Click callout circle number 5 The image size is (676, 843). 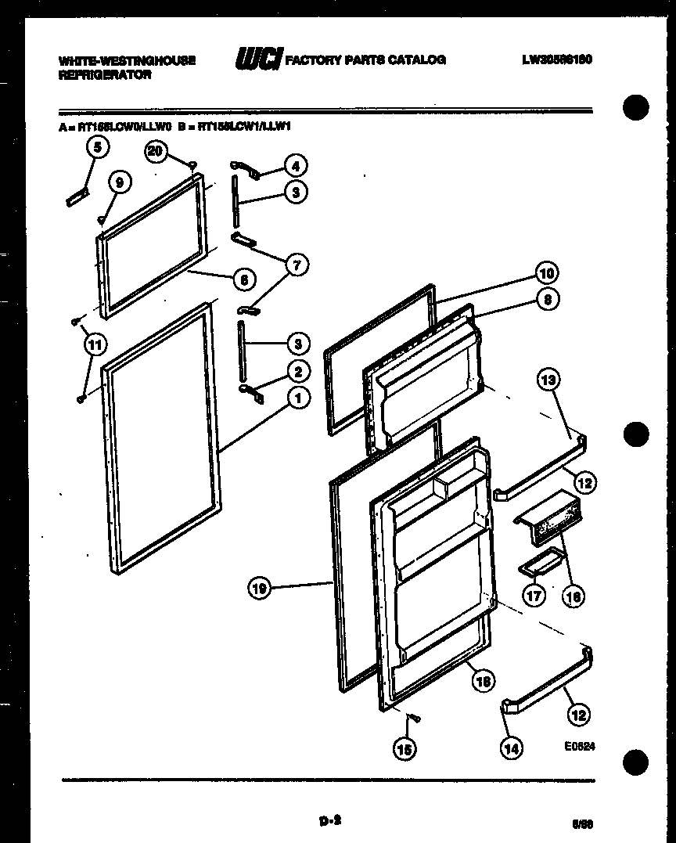click(96, 146)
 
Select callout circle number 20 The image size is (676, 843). click(156, 152)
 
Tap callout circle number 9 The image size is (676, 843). click(119, 182)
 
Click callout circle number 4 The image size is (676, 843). click(295, 165)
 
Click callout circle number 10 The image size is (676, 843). click(547, 273)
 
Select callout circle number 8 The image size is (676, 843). click(548, 298)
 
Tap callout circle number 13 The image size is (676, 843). click(549, 380)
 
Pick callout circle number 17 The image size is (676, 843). click(534, 596)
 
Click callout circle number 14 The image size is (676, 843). click(511, 748)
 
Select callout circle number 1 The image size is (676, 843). click(297, 398)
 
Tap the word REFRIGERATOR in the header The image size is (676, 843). click(104, 76)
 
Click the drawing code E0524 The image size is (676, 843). click(579, 746)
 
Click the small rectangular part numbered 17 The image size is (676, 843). click(540, 560)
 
